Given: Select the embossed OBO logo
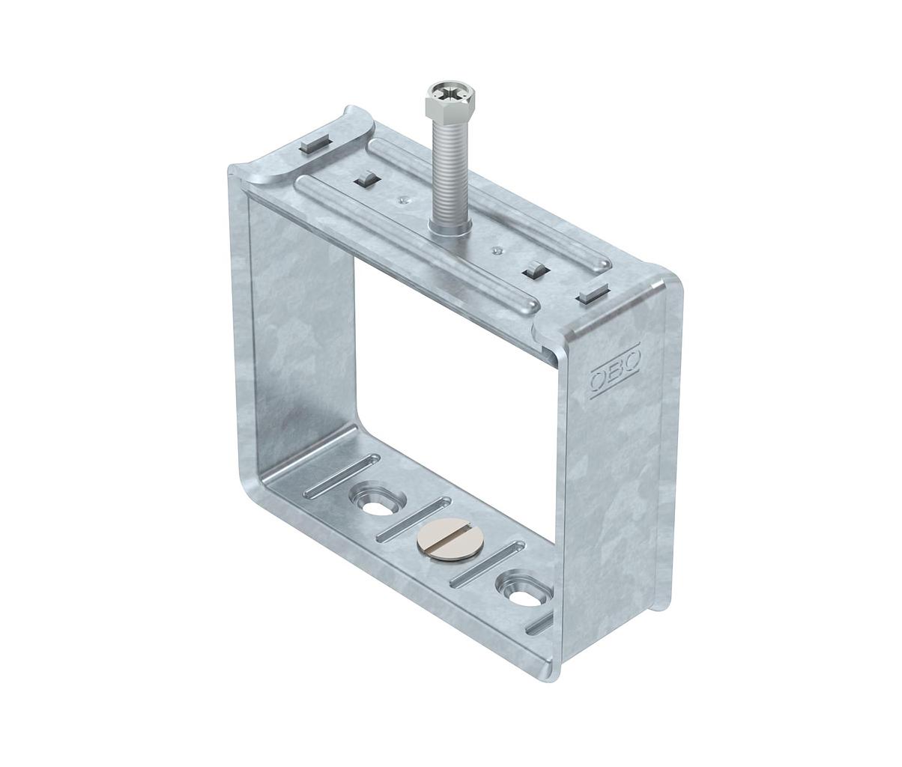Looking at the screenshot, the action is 616,377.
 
